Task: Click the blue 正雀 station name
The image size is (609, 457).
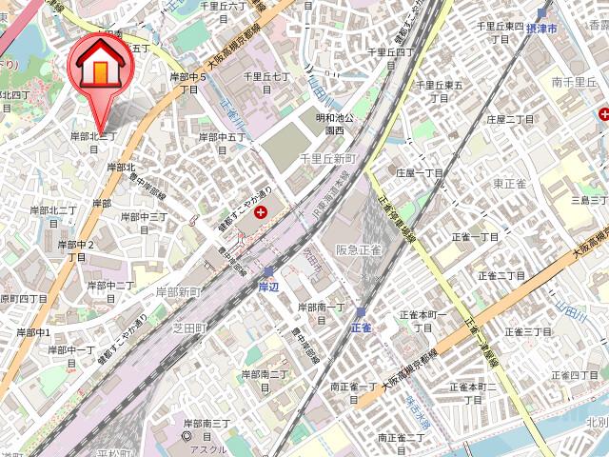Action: [x=361, y=327]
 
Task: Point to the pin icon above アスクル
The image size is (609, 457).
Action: [x=187, y=437]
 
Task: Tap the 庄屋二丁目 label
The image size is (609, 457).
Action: [x=511, y=119]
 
